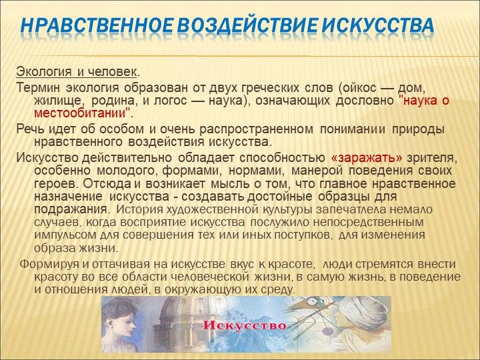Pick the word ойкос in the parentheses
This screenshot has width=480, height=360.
pyautogui.click(x=359, y=88)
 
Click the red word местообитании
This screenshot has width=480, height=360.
pyautogui.click(x=80, y=113)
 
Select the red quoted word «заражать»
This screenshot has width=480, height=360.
pyautogui.click(x=367, y=158)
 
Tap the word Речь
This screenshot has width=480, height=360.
pyautogui.click(x=30, y=129)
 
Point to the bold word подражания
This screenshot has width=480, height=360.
pyautogui.click(x=71, y=210)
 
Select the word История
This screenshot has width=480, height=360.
pyautogui.click(x=139, y=210)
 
